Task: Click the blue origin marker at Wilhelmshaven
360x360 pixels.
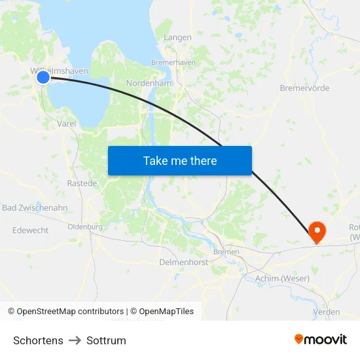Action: [43, 77]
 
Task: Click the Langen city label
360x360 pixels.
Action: [177, 37]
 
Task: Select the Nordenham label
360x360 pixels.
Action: [149, 84]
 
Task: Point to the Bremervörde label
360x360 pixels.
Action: [304, 88]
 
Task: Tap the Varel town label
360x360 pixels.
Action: [67, 123]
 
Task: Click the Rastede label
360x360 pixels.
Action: [82, 183]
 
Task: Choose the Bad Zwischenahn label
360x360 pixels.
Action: [35, 208]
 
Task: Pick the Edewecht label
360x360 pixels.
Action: [31, 230]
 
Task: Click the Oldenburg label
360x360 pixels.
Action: [85, 227]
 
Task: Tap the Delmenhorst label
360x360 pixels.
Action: [183, 262]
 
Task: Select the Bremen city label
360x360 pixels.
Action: [226, 252]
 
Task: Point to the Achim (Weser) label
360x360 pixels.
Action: [281, 279]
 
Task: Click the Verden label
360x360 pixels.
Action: [327, 312]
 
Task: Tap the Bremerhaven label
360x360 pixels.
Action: [173, 62]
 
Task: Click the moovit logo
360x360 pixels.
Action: [321, 340]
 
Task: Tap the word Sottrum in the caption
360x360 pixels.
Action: [106, 340]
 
